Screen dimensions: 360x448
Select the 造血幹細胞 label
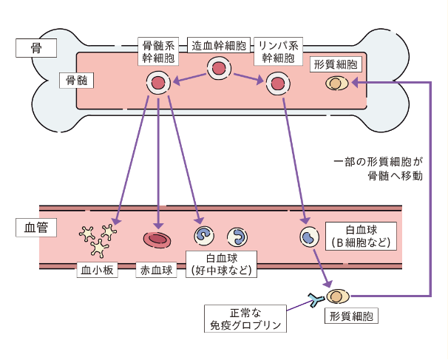[x=220, y=44]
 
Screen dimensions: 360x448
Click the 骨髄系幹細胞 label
[x=157, y=51]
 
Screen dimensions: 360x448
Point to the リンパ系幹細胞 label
[x=278, y=51]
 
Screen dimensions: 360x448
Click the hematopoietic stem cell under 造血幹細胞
[x=220, y=69]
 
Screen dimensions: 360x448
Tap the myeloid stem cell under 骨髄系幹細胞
[x=158, y=84]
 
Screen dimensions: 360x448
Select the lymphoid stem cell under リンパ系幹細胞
[x=278, y=84]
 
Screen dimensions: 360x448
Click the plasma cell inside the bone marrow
[x=337, y=84]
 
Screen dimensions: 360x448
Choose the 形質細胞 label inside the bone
[x=336, y=64]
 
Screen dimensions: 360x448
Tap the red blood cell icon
[x=157, y=239]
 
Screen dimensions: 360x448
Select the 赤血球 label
[x=157, y=270]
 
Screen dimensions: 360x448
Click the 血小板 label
[x=98, y=270]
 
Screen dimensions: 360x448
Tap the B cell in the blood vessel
[x=309, y=237]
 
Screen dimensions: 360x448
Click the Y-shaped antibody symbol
[x=314, y=299]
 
